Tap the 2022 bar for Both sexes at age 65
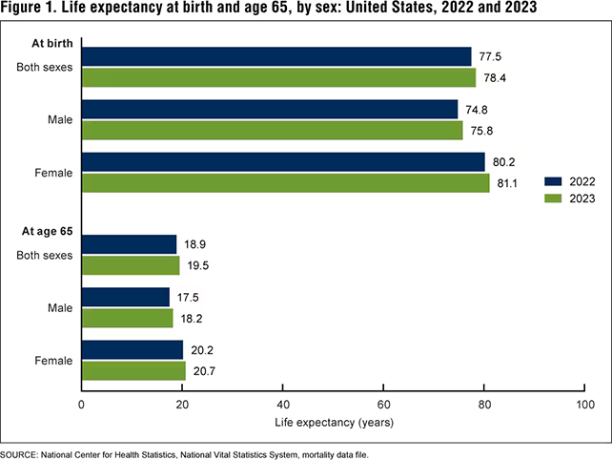point(130,244)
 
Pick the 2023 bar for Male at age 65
point(128,317)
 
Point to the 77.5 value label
point(490,56)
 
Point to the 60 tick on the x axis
point(383,405)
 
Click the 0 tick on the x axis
point(83,405)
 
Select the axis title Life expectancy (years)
point(333,421)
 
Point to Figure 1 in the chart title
point(31,9)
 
